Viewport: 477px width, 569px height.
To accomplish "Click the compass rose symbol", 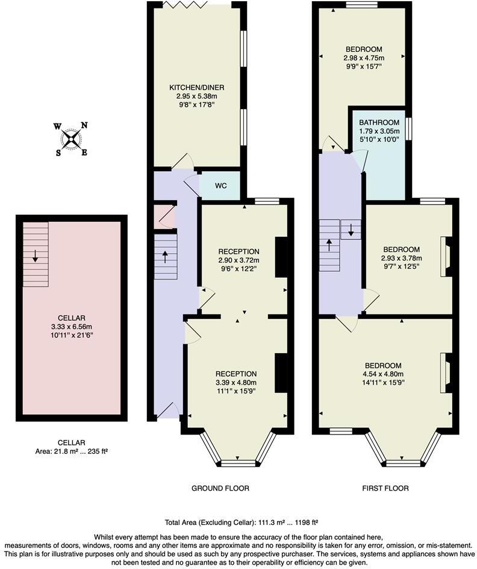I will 72,139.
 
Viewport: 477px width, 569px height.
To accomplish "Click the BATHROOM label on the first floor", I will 380,122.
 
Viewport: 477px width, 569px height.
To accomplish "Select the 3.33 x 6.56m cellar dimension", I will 71,326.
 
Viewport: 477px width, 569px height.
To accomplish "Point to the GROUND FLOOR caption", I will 220,488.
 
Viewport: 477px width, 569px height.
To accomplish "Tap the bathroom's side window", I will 408,128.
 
